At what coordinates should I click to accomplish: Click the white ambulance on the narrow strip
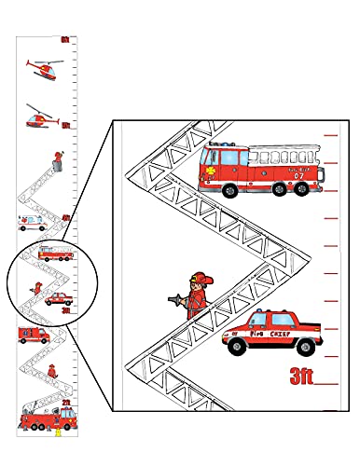click(x=32, y=222)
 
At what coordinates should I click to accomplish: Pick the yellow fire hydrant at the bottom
click(x=58, y=432)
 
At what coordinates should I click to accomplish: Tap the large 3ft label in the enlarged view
click(x=300, y=378)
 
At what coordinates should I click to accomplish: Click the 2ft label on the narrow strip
click(x=66, y=403)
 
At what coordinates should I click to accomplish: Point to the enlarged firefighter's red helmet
click(x=197, y=277)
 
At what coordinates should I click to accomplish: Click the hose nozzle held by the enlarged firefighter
click(x=170, y=300)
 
